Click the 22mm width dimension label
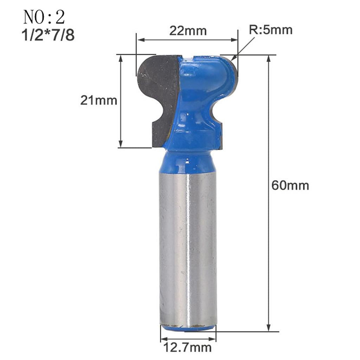click(x=188, y=31)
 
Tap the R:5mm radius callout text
click(x=271, y=30)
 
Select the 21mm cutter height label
click(x=98, y=101)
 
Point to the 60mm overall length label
click(x=290, y=185)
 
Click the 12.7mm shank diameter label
click(x=188, y=348)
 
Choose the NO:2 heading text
click(x=44, y=17)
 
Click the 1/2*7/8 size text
click(x=49, y=36)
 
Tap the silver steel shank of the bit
click(x=188, y=246)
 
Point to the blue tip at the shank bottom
click(x=188, y=328)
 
